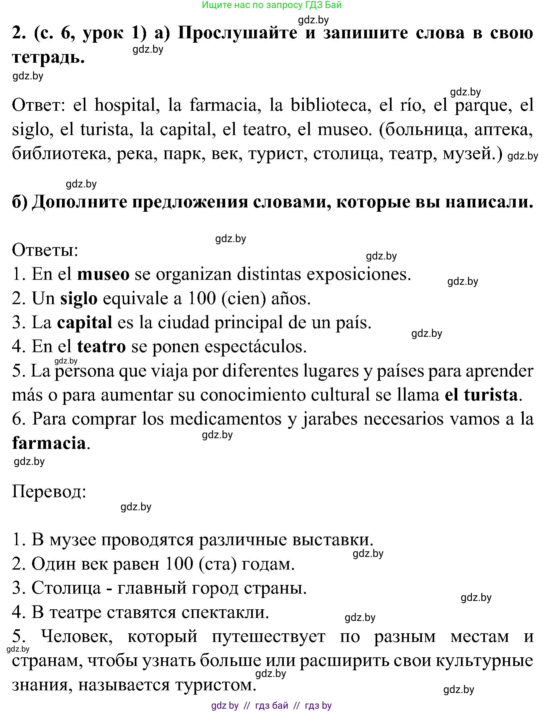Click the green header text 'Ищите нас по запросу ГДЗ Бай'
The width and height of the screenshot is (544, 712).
271,5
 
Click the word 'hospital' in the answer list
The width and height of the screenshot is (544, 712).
125,105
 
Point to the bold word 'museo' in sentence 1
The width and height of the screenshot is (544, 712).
103,274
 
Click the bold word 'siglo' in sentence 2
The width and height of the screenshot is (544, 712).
79,298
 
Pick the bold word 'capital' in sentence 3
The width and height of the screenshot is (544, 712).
85,322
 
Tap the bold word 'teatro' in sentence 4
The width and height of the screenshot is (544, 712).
101,346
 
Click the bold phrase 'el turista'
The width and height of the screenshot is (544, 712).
481,395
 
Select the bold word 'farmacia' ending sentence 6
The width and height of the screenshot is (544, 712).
49,443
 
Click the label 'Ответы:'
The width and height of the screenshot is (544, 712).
45,250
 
